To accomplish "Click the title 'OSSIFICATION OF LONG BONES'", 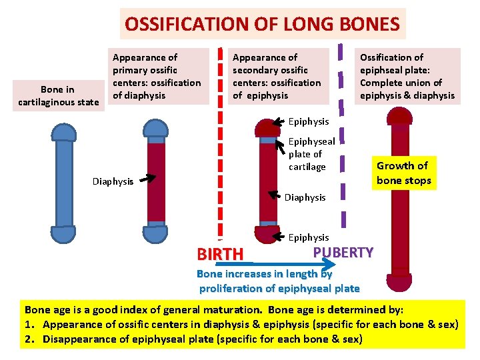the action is click(x=263, y=25).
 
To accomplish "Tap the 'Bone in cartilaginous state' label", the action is click(x=57, y=96).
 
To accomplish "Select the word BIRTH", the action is click(x=220, y=254).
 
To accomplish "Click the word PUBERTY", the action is click(x=343, y=252).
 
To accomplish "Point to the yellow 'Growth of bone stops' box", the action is click(x=403, y=173).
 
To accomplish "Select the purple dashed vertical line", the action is click(x=343, y=133).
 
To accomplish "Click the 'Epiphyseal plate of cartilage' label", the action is click(x=311, y=154).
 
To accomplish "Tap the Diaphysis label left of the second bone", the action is click(x=113, y=181).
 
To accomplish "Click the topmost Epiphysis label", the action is click(x=309, y=121).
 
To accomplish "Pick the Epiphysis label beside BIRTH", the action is click(x=309, y=237).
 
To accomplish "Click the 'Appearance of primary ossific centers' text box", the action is click(x=156, y=77).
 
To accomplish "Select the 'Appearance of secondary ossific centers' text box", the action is click(x=276, y=77).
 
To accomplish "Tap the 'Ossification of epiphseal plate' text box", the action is click(x=407, y=77).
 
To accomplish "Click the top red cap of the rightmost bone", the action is click(x=400, y=117).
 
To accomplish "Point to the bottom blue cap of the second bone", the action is click(x=155, y=233).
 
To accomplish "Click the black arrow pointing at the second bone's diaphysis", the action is click(x=147, y=178).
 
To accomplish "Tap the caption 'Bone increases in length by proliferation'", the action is click(x=279, y=281).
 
